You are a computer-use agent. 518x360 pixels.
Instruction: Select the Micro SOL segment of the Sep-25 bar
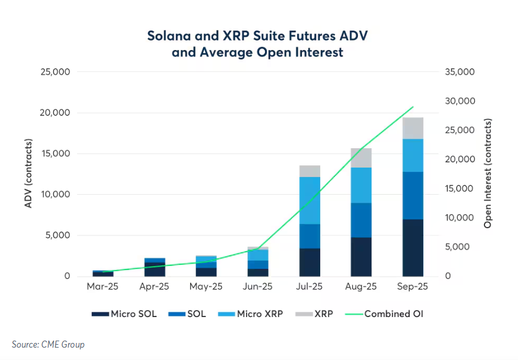[413, 248]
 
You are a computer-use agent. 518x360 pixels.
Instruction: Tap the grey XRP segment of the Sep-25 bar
[413, 128]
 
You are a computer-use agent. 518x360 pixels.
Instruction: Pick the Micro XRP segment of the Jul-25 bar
[310, 201]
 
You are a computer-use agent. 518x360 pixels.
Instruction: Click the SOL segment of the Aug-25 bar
[361, 220]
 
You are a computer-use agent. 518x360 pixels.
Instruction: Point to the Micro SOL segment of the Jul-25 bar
[310, 262]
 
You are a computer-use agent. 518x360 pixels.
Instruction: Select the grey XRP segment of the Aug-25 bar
[361, 158]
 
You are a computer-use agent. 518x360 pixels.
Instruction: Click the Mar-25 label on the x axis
[103, 287]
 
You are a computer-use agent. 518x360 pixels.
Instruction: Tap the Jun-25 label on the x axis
[258, 287]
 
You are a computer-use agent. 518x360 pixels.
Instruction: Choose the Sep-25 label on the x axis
[413, 287]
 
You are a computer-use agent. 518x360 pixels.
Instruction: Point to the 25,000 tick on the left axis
[54, 72]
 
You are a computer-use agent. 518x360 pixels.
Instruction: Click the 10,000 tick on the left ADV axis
[54, 195]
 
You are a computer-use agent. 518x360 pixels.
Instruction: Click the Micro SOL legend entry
[125, 314]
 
